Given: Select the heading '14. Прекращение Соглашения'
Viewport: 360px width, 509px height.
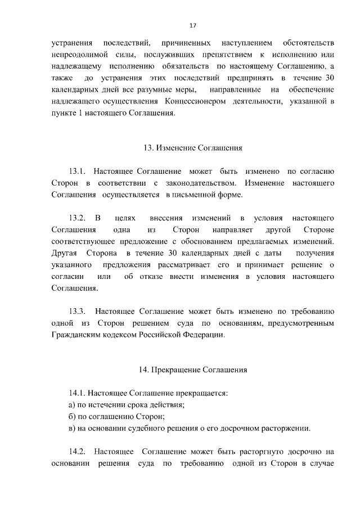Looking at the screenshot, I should [x=192, y=370].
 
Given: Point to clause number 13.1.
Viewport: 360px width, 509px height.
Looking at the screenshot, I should [x=76, y=170].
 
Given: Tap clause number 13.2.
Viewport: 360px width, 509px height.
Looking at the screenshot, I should [x=76, y=218].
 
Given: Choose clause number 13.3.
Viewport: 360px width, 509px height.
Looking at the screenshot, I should [x=76, y=310].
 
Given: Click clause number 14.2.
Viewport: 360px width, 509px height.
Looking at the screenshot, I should [x=76, y=451].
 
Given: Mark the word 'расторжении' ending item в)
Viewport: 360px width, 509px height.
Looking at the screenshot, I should [x=286, y=429].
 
